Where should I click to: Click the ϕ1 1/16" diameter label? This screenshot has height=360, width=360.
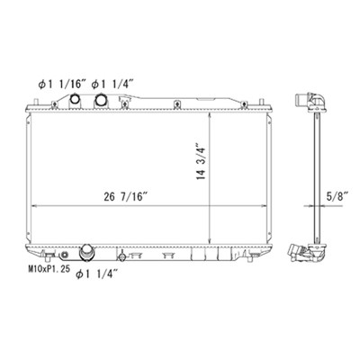click(60, 85)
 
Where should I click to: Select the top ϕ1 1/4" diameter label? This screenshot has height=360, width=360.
click(112, 85)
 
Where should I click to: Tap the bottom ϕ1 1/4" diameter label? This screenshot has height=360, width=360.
click(96, 274)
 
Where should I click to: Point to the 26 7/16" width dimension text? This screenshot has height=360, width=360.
click(126, 196)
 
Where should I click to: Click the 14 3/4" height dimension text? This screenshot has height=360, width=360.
click(202, 161)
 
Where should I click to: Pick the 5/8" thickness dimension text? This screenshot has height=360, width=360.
click(337, 196)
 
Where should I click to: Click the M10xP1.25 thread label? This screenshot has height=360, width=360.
click(49, 268)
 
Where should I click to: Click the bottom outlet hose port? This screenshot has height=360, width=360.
click(86, 252)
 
